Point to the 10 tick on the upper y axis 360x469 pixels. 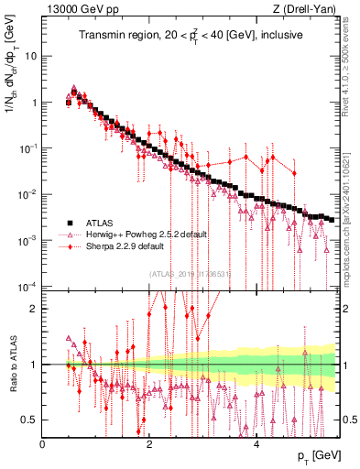point(32,55)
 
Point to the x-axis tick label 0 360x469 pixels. point(42,445)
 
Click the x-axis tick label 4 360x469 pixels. point(256,445)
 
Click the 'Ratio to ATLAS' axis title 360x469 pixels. point(12,365)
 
